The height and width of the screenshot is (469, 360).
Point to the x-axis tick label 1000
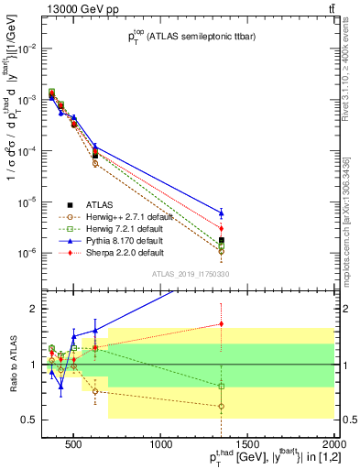[161, 446]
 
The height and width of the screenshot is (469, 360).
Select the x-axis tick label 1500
[247, 446]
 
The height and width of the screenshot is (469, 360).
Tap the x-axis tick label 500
[75, 446]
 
